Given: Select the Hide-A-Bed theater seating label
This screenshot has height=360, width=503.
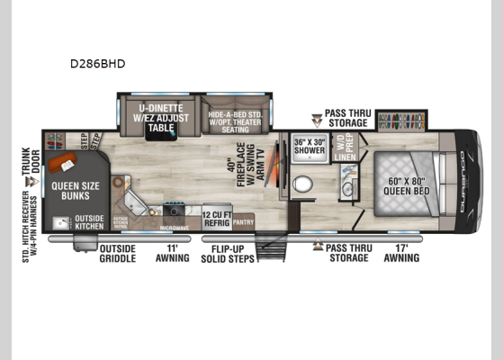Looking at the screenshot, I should pos(240,121).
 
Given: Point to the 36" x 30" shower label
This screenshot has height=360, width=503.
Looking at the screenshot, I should pos(308,146).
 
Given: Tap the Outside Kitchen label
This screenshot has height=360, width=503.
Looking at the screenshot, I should pos(89,222).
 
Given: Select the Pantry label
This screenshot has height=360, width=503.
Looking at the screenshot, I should pos(242,220).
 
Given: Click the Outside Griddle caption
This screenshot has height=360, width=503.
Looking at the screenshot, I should pos(117,253).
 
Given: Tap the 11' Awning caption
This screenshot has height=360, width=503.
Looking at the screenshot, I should pos(173,253).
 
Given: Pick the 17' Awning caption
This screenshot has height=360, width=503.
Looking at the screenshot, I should pos(401,253).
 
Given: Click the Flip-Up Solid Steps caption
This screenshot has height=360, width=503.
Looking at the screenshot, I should pos(234,253).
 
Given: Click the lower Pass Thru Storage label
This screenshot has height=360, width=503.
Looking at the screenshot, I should pos(347,253).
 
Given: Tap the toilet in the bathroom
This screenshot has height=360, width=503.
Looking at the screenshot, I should pos(303,184).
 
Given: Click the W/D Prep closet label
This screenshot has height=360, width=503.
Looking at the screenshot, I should pos(340,143).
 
